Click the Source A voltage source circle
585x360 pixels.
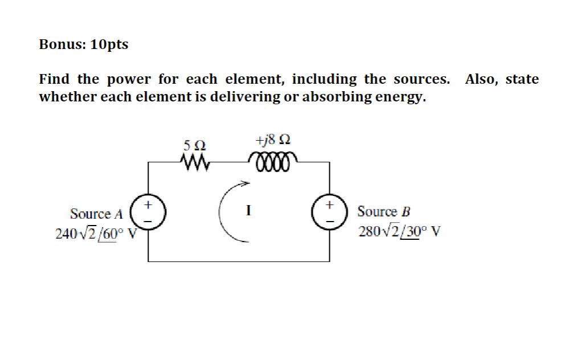tap(148, 212)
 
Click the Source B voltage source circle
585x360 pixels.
tap(329, 212)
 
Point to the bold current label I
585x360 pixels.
tap(247, 211)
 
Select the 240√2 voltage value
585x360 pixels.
tap(75, 234)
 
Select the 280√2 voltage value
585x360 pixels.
tap(378, 232)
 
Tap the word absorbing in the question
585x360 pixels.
tap(336, 97)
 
